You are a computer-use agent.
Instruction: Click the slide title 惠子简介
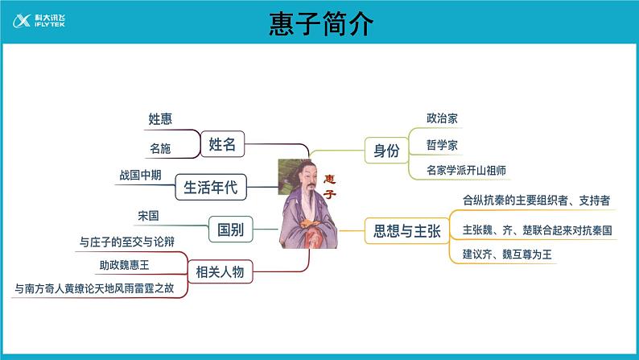tap(320, 24)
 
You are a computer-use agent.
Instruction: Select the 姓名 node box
tap(222, 144)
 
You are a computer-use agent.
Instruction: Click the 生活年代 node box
tap(211, 188)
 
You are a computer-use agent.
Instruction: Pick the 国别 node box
tap(231, 230)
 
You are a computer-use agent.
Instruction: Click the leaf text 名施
tap(160, 148)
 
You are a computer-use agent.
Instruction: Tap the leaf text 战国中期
tap(140, 174)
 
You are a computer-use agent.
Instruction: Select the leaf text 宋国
tap(149, 216)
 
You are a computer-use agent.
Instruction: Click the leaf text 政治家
tap(443, 118)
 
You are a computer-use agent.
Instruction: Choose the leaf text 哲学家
tap(443, 145)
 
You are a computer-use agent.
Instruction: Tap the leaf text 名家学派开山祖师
tap(467, 170)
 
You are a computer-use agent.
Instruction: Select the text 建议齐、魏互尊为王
tap(507, 254)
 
